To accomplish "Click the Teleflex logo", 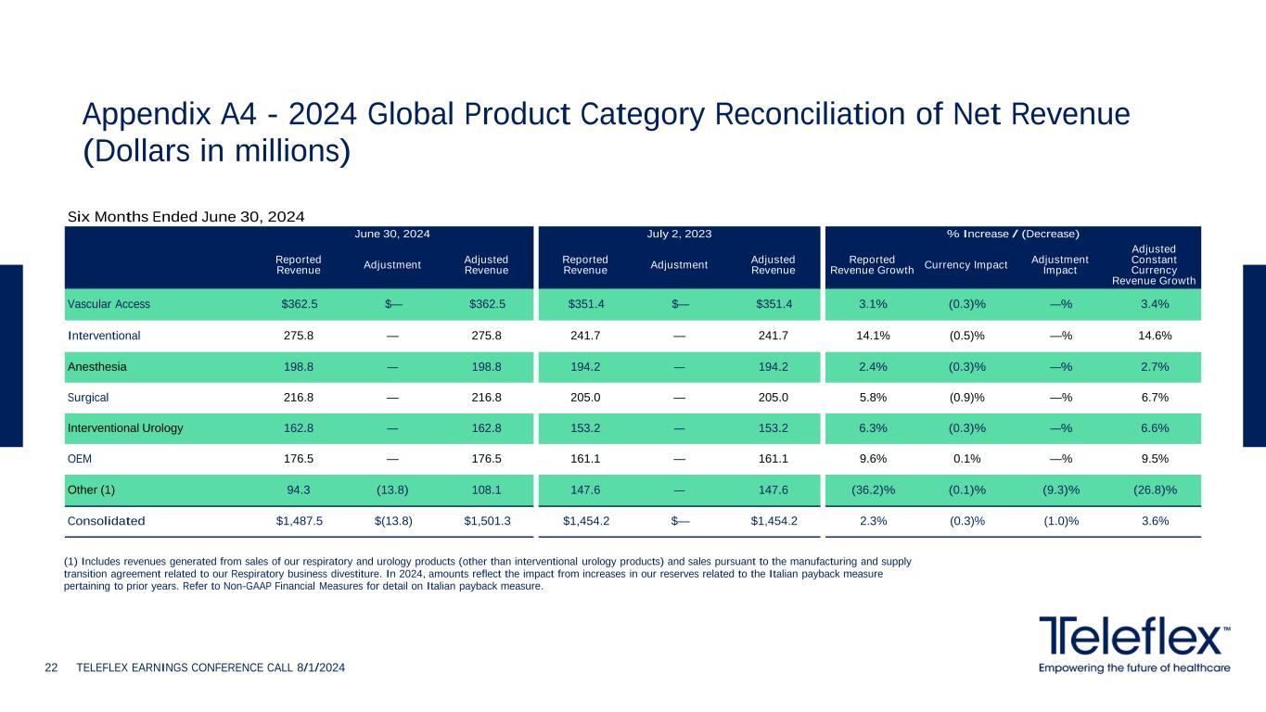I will [x=1134, y=638].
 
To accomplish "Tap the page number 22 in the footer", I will [x=52, y=667].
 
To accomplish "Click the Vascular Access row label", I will [x=109, y=304].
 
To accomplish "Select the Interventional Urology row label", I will [x=125, y=428].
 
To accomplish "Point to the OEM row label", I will [x=80, y=459].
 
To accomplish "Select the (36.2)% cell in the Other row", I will [x=873, y=489].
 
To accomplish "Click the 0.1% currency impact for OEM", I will [x=966, y=459].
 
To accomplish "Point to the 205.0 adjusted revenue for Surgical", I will [x=774, y=397].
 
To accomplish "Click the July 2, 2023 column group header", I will [x=679, y=234].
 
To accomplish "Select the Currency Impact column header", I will [x=966, y=265].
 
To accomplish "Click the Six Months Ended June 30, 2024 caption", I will [x=186, y=217].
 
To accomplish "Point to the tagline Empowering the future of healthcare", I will [x=1134, y=667].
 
